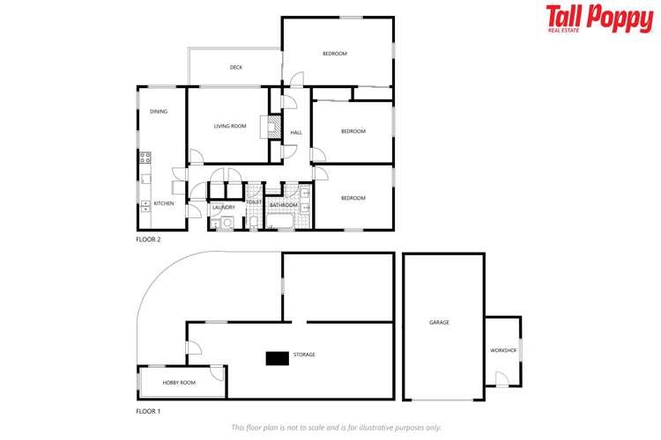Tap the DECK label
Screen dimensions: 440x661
(236, 68)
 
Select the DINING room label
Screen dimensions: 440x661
(159, 112)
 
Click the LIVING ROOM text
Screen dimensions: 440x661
(230, 127)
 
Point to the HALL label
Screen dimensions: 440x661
(296, 133)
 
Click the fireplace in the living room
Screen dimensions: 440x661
(264, 128)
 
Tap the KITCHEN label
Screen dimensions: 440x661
(164, 203)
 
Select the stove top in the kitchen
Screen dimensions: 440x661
(145, 159)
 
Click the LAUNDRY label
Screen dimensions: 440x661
(223, 208)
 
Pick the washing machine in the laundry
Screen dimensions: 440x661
(227, 223)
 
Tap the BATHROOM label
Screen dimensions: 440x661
(284, 205)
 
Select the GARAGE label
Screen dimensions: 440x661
(439, 323)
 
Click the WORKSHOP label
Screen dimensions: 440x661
(503, 350)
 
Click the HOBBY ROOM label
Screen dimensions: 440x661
(179, 383)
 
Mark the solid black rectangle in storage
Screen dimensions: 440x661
(279, 356)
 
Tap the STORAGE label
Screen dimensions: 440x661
(305, 355)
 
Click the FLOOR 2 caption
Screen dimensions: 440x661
(148, 239)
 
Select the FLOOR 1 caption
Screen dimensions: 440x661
(148, 411)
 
